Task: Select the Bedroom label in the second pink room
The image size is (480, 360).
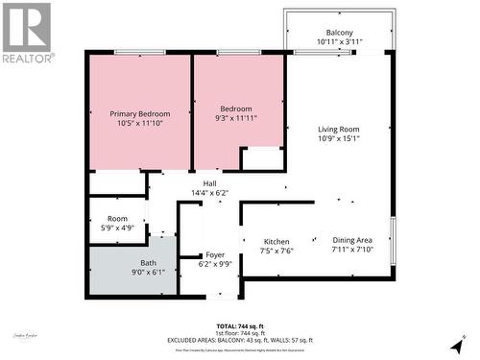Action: pyautogui.click(x=235, y=108)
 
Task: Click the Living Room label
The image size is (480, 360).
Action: pyautogui.click(x=339, y=130)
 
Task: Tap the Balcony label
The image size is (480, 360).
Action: pyautogui.click(x=339, y=32)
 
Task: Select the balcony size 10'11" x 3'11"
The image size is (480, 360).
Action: pyautogui.click(x=339, y=42)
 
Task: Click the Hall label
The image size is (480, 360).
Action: pyautogui.click(x=209, y=182)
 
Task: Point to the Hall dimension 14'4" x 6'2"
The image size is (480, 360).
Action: pyautogui.click(x=209, y=193)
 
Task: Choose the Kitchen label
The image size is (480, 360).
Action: pyautogui.click(x=277, y=242)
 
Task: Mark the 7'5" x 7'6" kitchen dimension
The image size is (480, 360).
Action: pyautogui.click(x=277, y=252)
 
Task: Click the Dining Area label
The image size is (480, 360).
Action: pyautogui.click(x=352, y=241)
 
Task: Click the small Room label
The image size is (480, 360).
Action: pyautogui.click(x=117, y=219)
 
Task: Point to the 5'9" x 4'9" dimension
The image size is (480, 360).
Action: pyautogui.click(x=117, y=229)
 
